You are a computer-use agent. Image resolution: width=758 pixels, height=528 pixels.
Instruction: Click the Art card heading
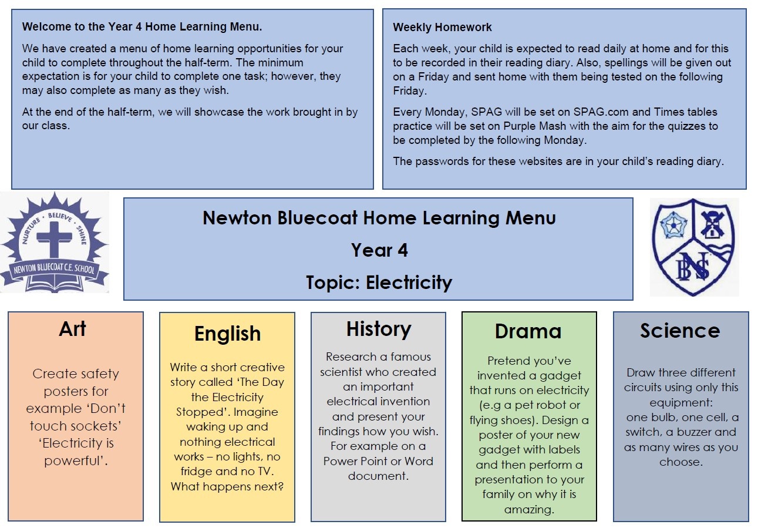[x=73, y=329]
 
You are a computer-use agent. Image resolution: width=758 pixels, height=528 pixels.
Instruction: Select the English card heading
[x=227, y=334]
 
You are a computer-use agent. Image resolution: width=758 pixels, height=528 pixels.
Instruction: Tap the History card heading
[x=378, y=329]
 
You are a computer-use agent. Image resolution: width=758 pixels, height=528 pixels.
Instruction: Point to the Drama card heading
[x=528, y=331]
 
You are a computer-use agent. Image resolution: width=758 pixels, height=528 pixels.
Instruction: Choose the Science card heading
[x=680, y=331]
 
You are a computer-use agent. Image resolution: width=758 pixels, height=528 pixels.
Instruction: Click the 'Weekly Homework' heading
[x=442, y=27]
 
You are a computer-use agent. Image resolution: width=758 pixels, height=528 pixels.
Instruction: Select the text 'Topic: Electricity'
[x=379, y=283]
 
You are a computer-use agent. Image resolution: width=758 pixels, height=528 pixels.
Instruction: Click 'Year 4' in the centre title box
[x=379, y=250]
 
